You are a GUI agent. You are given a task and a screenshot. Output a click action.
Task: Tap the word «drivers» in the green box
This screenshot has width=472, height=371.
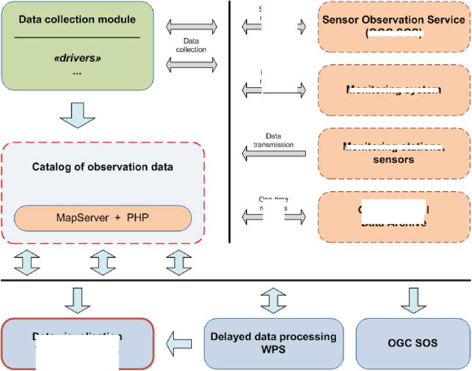tap(77, 59)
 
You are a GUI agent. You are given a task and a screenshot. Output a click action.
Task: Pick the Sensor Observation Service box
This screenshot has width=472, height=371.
tap(394, 27)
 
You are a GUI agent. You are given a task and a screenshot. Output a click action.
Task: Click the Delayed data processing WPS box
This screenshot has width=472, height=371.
tap(273, 343)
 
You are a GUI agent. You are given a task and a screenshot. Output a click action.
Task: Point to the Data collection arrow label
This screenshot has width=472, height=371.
tap(194, 45)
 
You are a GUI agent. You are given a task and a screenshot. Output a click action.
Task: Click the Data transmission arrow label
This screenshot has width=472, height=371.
tap(273, 140)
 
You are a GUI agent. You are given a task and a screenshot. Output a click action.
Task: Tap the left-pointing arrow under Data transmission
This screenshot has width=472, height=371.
tap(273, 154)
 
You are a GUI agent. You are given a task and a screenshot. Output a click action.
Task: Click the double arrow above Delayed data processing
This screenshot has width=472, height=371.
tap(273, 298)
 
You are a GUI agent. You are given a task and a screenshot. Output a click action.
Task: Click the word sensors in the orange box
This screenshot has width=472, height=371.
tap(394, 159)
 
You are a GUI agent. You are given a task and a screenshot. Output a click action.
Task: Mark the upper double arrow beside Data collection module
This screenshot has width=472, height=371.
tap(192, 26)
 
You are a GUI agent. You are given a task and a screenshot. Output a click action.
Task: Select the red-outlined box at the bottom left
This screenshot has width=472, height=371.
tap(77, 343)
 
